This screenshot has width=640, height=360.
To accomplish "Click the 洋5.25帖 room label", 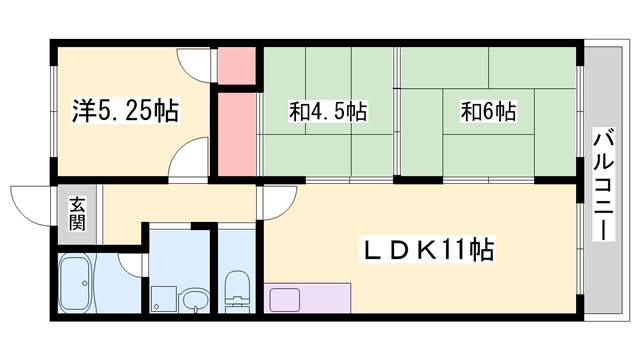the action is [x=125, y=111].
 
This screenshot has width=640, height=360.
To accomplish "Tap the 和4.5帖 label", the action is [x=328, y=111].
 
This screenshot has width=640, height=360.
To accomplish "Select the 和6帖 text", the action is [x=488, y=111].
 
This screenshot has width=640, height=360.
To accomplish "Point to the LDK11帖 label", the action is [x=427, y=249].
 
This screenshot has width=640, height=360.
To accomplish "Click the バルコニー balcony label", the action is [x=604, y=185].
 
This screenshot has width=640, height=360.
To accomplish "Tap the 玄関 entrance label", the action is [x=77, y=213].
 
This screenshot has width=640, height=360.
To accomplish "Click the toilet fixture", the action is [x=237, y=291].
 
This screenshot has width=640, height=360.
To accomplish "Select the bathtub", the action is [x=75, y=282].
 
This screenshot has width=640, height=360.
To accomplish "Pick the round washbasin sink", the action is [x=196, y=301].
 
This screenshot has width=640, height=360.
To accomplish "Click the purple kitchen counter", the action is [x=307, y=298].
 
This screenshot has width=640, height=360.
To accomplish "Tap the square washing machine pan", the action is [x=163, y=299].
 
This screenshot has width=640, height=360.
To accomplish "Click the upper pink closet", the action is [x=237, y=65].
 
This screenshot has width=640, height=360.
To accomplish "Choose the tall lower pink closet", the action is [x=237, y=134].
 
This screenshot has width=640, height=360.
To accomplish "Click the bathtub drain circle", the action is [x=84, y=283].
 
